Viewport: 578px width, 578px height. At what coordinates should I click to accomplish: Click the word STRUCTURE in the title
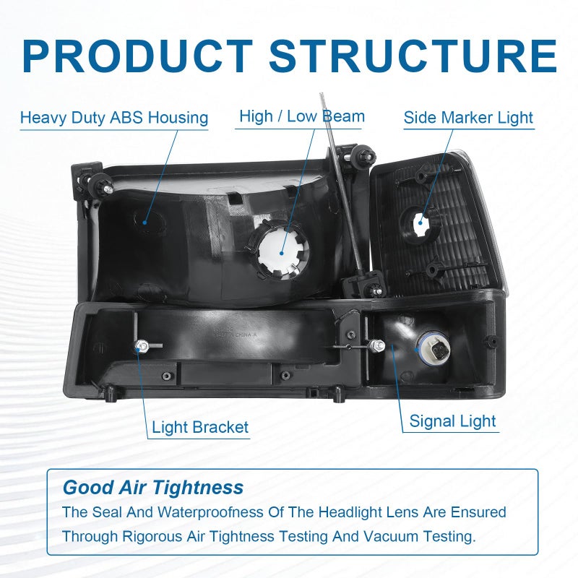click(413, 56)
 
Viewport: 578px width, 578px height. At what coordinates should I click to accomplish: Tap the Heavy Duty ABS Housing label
click(114, 118)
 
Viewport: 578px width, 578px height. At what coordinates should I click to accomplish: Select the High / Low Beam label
click(302, 116)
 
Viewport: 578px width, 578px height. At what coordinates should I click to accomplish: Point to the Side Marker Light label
click(468, 118)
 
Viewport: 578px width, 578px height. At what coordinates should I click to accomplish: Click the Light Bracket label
click(200, 427)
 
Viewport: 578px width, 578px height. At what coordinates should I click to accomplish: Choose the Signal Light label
click(452, 421)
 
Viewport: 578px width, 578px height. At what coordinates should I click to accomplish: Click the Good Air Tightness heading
click(153, 487)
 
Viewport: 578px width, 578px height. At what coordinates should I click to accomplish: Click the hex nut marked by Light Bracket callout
click(140, 346)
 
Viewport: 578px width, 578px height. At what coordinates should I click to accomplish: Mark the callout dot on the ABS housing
click(145, 223)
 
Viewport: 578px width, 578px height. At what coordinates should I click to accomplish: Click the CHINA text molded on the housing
click(242, 335)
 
